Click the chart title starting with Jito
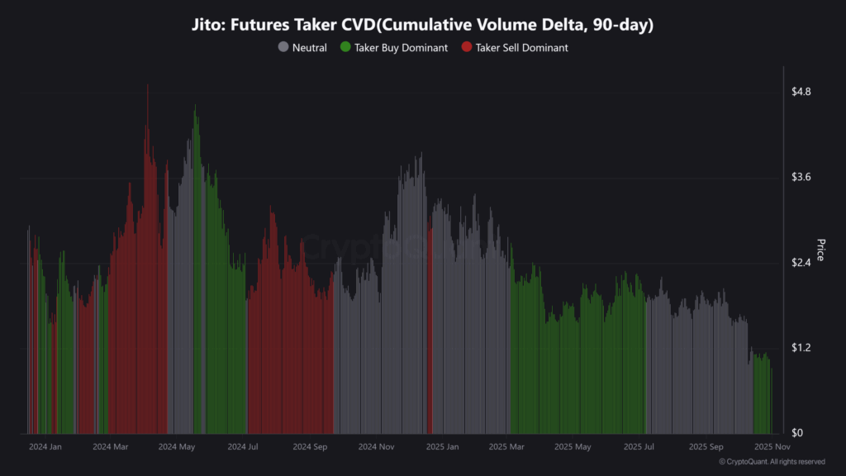tap(423, 26)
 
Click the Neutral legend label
tap(309, 48)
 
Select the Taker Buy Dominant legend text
tap(401, 48)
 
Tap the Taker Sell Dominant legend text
tap(521, 48)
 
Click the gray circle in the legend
tap(283, 48)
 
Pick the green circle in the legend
tap(345, 48)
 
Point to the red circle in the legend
tap(467, 48)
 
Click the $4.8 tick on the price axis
tap(802, 92)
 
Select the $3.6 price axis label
tap(802, 178)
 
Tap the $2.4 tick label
tap(802, 263)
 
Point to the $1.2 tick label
tap(802, 348)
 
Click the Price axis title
tap(820, 250)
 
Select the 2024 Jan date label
tap(45, 447)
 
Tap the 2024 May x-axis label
tap(176, 447)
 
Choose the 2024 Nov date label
tap(376, 447)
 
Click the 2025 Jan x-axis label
tap(441, 447)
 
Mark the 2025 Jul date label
tap(639, 447)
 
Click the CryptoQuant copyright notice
tap(772, 462)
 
